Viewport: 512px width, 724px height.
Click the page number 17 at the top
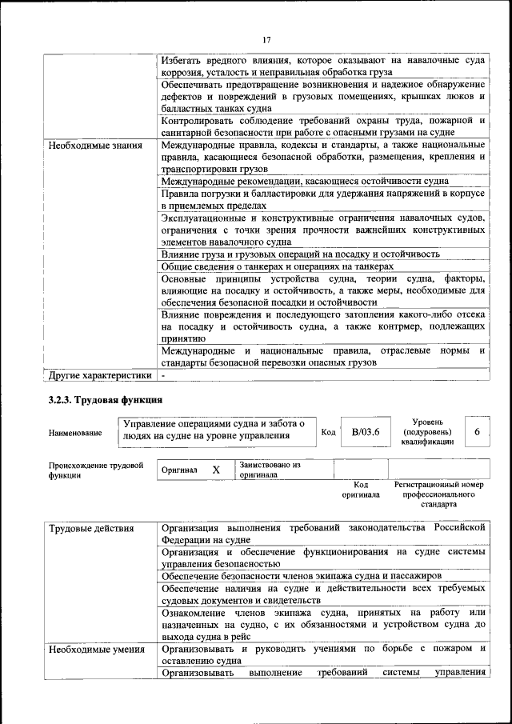click(267, 39)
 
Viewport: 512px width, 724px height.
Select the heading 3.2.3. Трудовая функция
click(106, 399)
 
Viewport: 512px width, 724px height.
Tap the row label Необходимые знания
click(95, 146)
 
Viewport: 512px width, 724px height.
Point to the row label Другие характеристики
click(99, 374)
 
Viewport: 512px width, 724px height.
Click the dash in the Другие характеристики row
click(163, 374)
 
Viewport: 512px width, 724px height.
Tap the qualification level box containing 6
click(477, 431)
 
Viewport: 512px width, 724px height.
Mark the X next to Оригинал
click(216, 470)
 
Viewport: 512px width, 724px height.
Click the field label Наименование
click(75, 433)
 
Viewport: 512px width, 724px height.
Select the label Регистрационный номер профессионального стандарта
click(439, 494)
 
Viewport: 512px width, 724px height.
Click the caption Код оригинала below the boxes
click(361, 490)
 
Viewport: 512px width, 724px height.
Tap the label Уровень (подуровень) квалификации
click(429, 431)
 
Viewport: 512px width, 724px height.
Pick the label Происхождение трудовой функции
click(95, 470)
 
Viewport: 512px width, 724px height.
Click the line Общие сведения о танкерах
click(277, 266)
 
